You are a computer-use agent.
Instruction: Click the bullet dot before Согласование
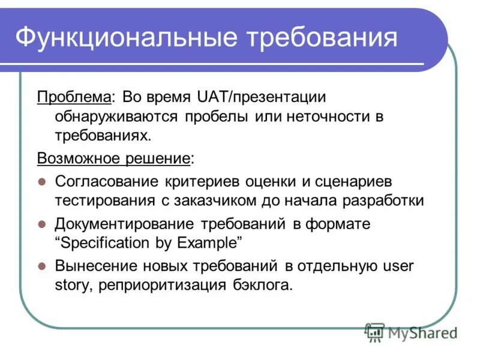pyautogui.click(x=42, y=181)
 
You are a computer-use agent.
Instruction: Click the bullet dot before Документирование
pyautogui.click(x=42, y=224)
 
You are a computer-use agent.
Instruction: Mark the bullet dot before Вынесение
pyautogui.click(x=42, y=265)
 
